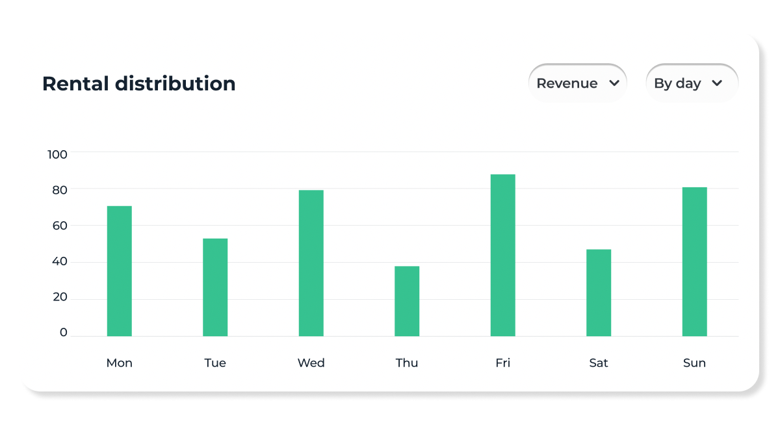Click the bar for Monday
(x=120, y=271)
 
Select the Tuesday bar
(x=215, y=287)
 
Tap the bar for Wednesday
(x=311, y=263)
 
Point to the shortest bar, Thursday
(x=407, y=301)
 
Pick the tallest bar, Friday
(x=502, y=256)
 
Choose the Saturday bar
(x=599, y=293)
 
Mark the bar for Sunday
(x=694, y=262)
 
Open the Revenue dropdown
(x=577, y=83)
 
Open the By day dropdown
(x=692, y=83)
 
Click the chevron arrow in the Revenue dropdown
(x=614, y=83)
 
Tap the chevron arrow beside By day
(x=717, y=83)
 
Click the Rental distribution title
(x=138, y=84)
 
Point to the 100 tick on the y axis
(x=57, y=154)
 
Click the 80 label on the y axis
(x=59, y=191)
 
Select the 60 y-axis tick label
(x=59, y=226)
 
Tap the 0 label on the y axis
(x=63, y=332)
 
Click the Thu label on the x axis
(x=407, y=363)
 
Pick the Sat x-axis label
(x=599, y=363)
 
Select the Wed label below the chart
(x=311, y=363)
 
